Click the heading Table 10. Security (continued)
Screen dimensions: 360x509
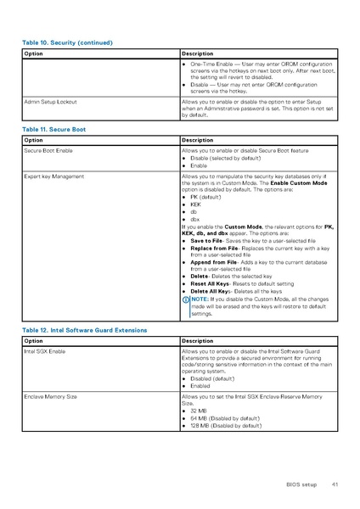point(67,42)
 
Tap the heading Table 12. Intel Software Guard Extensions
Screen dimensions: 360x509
point(85,329)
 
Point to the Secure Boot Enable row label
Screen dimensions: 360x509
point(48,149)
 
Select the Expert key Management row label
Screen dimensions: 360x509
point(53,176)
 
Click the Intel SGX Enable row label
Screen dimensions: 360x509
point(44,350)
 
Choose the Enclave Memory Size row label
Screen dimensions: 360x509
point(50,396)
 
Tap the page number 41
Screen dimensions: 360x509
point(335,484)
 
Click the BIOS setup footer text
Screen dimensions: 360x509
point(302,484)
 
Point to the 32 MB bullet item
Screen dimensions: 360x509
point(198,411)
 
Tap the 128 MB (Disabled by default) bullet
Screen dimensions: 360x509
point(224,425)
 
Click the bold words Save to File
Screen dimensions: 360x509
point(207,240)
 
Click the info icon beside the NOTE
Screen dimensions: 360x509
point(185,299)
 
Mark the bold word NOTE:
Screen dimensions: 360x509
point(200,299)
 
